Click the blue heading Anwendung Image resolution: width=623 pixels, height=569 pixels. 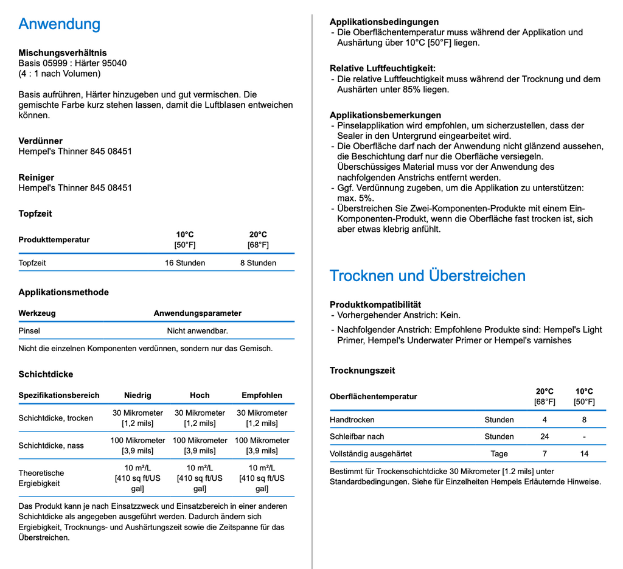(59, 24)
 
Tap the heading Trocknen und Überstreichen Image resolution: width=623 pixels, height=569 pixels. (427, 276)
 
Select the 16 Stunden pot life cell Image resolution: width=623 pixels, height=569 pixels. (185, 263)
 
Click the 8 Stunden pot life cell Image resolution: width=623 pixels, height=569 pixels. (258, 263)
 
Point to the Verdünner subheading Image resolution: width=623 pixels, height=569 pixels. (40, 141)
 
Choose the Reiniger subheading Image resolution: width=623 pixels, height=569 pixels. (36, 177)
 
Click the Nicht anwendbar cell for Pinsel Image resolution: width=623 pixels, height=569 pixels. (197, 331)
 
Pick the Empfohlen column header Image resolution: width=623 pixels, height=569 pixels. (262, 395)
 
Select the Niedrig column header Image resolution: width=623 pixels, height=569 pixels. (137, 395)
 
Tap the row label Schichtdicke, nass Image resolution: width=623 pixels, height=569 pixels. (51, 445)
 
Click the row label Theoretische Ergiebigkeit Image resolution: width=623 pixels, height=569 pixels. (41, 478)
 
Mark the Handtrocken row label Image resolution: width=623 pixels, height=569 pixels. (352, 420)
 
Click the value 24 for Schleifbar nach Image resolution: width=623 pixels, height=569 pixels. (545, 436)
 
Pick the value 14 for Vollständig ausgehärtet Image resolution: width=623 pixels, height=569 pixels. (584, 453)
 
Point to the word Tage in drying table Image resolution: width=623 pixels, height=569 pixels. (499, 453)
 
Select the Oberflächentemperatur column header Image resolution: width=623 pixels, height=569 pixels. (374, 397)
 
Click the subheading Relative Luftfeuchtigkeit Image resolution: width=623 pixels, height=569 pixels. (383, 68)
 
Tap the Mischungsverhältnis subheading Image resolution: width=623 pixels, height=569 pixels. (62, 52)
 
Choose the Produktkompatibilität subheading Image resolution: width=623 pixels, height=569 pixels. (375, 304)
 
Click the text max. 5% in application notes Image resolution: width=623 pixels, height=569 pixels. (355, 198)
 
